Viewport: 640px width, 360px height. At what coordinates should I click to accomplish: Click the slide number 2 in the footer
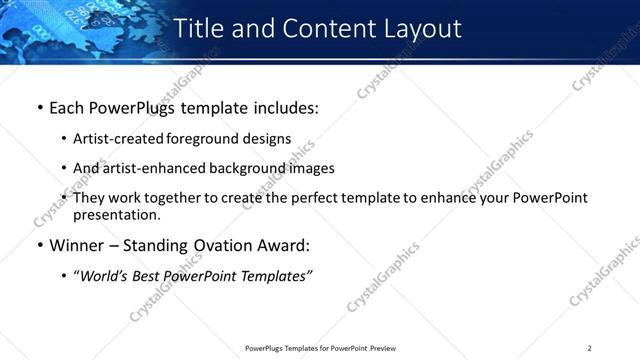point(590,348)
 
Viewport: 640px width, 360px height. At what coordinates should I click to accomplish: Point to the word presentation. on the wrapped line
point(116,215)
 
